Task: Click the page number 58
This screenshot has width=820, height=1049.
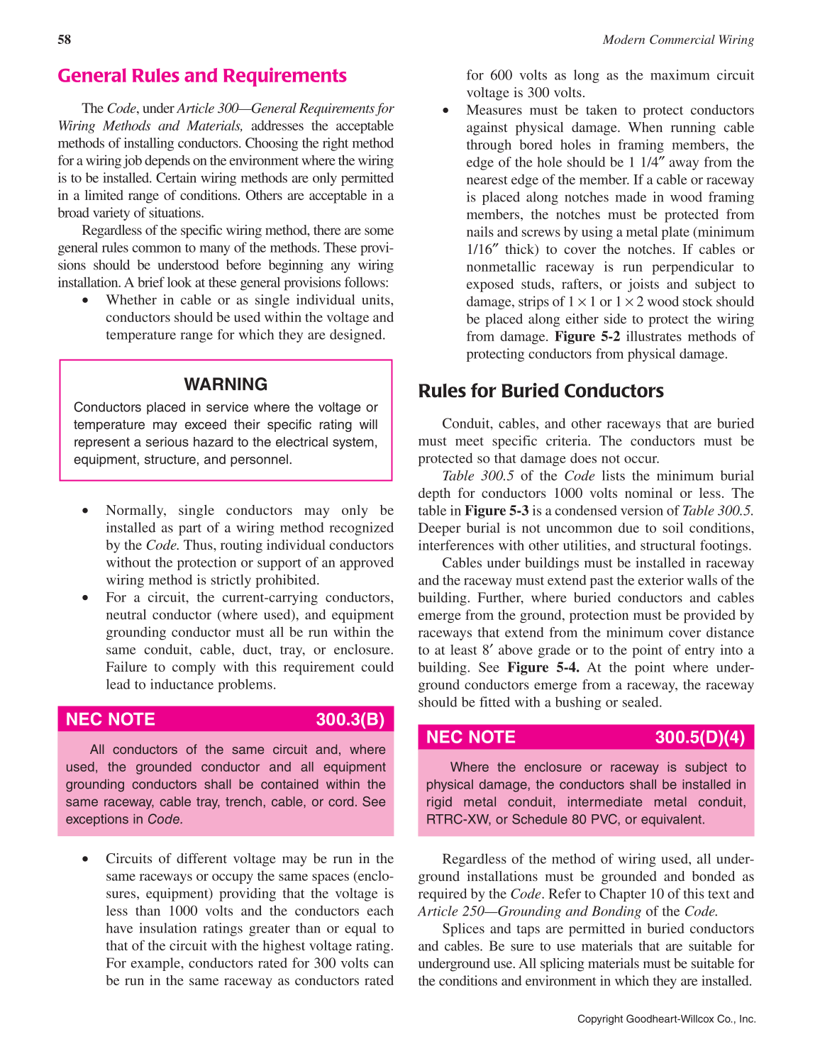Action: pyautogui.click(x=65, y=40)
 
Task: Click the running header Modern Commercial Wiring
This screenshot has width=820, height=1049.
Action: pyautogui.click(x=678, y=40)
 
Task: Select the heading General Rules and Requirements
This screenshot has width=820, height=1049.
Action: pyautogui.click(x=202, y=76)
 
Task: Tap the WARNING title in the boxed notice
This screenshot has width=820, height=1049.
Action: pyautogui.click(x=226, y=384)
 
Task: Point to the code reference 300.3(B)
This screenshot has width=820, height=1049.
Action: pyautogui.click(x=350, y=719)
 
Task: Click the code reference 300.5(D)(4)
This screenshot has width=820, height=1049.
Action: pyautogui.click(x=699, y=737)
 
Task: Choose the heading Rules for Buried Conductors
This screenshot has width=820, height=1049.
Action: pyautogui.click(x=541, y=391)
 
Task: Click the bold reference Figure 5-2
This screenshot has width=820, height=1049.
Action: pyautogui.click(x=587, y=337)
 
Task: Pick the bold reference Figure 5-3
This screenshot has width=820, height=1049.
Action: pyautogui.click(x=497, y=511)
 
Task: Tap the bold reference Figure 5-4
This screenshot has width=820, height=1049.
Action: pyautogui.click(x=543, y=667)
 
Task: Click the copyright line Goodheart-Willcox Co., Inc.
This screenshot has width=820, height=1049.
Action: pyautogui.click(x=666, y=1019)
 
